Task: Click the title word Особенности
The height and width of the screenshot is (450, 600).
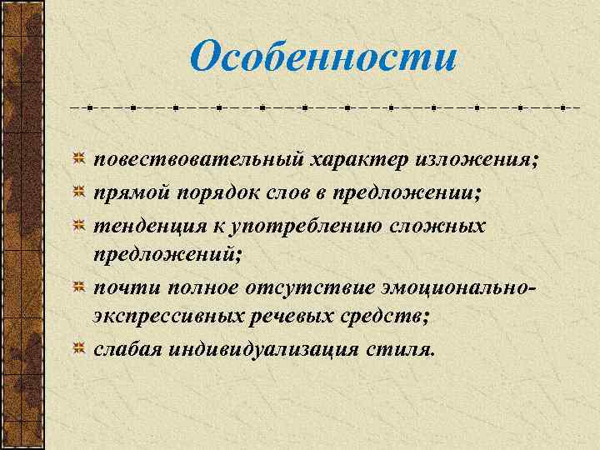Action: pyautogui.click(x=323, y=57)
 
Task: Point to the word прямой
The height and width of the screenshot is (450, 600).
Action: pyautogui.click(x=132, y=192)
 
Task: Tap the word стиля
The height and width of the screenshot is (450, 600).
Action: pyautogui.click(x=402, y=348)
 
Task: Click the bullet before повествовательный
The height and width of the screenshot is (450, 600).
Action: pyautogui.click(x=77, y=158)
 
